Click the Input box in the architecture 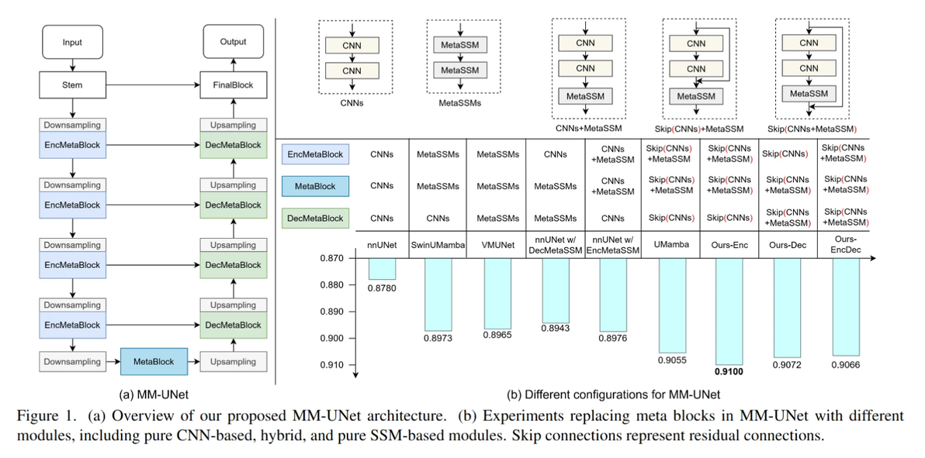pyautogui.click(x=72, y=43)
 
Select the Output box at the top pyautogui.click(x=233, y=43)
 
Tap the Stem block pyautogui.click(x=72, y=85)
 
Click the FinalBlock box pyautogui.click(x=233, y=85)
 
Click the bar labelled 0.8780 pyautogui.click(x=382, y=268)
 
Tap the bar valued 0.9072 pyautogui.click(x=786, y=308)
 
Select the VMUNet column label pyautogui.click(x=497, y=245)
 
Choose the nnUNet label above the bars pyautogui.click(x=382, y=245)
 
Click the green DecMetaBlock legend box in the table pyautogui.click(x=315, y=219)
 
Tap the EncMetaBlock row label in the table pyautogui.click(x=315, y=155)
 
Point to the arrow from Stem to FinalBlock pyautogui.click(x=151, y=85)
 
